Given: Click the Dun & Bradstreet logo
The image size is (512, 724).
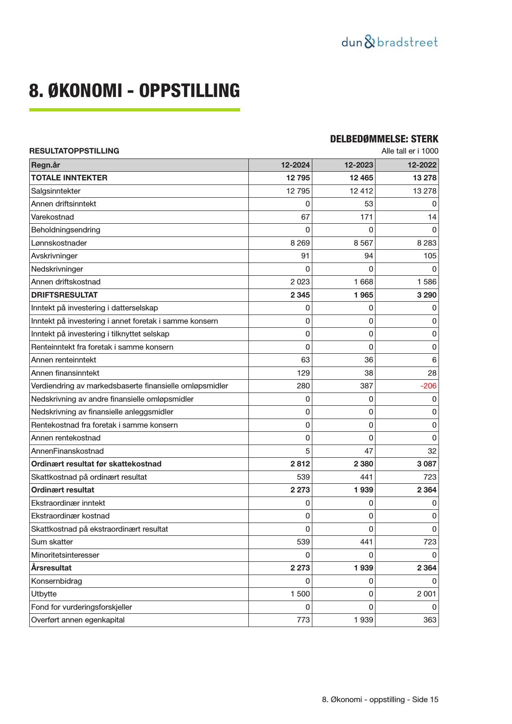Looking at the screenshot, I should click(389, 43).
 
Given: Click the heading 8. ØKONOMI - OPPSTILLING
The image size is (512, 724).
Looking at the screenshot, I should click(134, 91).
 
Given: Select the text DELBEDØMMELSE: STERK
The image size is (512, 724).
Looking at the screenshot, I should click(384, 139).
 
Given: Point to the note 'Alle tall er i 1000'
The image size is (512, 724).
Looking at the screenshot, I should click(410, 151).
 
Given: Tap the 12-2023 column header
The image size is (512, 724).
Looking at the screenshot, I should click(359, 165).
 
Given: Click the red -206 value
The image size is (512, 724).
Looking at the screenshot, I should click(428, 386).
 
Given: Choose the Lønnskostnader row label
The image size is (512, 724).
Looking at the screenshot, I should click(59, 243).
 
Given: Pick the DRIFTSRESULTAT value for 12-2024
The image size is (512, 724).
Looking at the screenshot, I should click(300, 295).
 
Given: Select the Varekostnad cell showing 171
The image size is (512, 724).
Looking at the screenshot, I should click(366, 217).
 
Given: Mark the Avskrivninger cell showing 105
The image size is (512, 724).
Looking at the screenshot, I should click(429, 256).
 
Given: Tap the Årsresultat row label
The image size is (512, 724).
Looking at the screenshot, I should click(51, 568).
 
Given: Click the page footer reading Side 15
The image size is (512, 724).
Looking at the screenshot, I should click(380, 700).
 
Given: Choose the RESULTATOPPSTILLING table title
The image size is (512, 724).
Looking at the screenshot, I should click(74, 151).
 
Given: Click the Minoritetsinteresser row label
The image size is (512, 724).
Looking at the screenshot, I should click(65, 555).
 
